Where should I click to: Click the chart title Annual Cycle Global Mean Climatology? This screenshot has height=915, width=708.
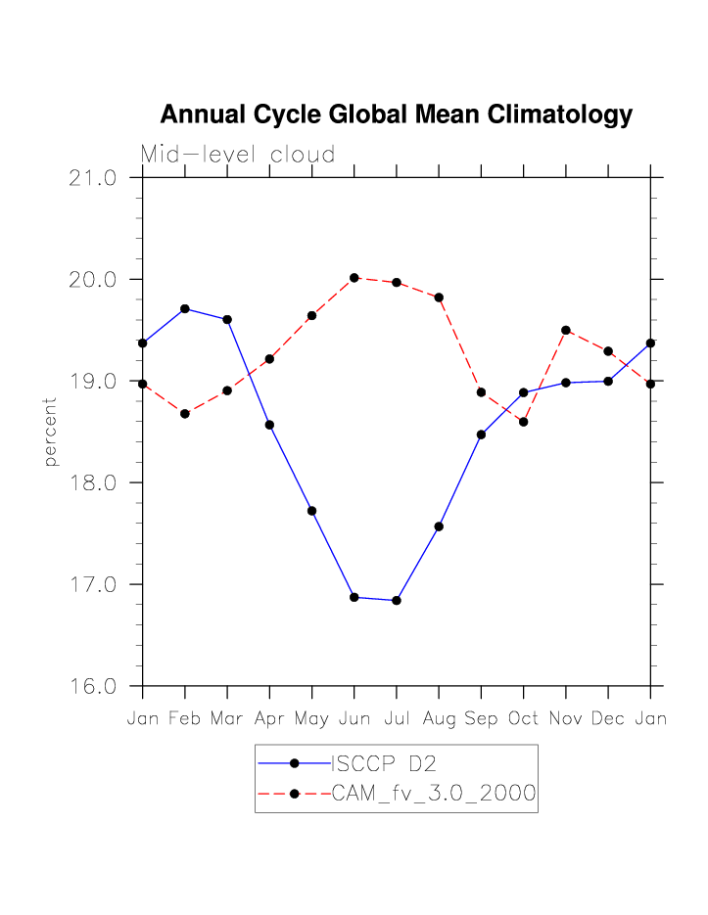[x=396, y=115]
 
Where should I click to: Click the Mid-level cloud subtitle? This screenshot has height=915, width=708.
[x=238, y=155]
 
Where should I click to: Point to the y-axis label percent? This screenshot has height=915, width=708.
[x=51, y=432]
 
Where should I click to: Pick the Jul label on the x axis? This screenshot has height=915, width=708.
[x=396, y=719]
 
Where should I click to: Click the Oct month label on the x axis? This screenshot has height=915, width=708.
[x=523, y=719]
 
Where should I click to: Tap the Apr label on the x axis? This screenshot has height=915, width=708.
[x=269, y=719]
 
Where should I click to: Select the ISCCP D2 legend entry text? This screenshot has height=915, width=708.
[x=381, y=763]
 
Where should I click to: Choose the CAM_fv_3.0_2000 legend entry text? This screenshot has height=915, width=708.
[x=434, y=794]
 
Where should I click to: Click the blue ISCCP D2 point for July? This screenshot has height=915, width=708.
[x=397, y=600]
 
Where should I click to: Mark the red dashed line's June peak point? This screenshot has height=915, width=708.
[x=354, y=278]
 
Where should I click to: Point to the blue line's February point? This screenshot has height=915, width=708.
[x=185, y=308]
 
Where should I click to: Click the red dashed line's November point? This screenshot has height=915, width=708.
[x=566, y=330]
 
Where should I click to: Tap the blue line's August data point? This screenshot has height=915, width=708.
[x=439, y=526]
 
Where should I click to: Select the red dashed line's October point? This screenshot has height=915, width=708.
[x=524, y=422]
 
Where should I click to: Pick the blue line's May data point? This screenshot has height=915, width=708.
[x=311, y=511]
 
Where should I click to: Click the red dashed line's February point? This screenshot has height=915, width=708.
[x=185, y=414]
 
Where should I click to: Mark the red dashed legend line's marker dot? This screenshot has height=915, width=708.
[x=294, y=794]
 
